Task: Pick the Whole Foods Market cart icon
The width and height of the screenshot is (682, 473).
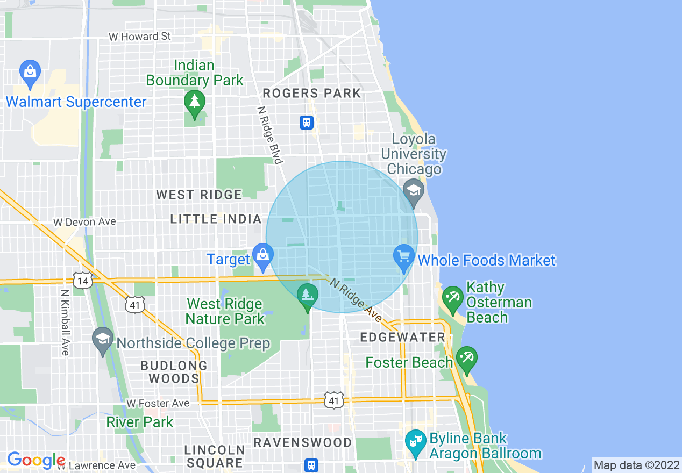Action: click(404, 256)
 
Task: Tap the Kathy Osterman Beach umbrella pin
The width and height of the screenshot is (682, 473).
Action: click(452, 298)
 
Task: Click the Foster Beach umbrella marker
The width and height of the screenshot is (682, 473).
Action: click(466, 359)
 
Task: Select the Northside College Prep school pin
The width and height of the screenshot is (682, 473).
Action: click(102, 340)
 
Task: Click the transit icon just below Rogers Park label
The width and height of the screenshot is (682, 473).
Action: click(307, 123)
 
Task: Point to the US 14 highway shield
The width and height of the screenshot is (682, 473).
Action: click(83, 280)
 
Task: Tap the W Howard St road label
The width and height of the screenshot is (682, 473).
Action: click(139, 37)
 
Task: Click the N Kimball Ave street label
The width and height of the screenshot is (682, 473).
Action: click(65, 322)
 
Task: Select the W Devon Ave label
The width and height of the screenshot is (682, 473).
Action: click(84, 222)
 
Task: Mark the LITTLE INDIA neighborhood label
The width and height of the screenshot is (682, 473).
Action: click(216, 219)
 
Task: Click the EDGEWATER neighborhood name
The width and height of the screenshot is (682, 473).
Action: click(402, 338)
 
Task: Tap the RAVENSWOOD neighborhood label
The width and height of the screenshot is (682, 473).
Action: click(302, 442)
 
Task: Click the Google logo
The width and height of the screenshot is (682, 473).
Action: click(36, 460)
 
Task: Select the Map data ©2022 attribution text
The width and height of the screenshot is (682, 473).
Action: click(637, 465)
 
